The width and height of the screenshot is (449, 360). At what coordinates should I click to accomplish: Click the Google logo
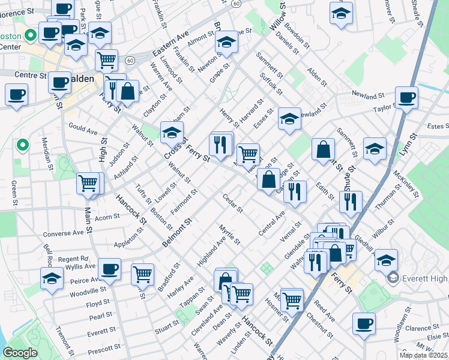[x=20, y=353]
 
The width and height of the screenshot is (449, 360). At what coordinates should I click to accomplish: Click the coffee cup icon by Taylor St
[x=406, y=97]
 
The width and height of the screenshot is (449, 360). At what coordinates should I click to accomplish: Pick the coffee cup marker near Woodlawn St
[x=364, y=324]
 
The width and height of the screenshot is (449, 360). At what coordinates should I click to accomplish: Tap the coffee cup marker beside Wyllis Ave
[x=109, y=269]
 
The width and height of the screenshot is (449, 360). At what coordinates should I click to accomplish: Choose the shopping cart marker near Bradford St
[x=143, y=274]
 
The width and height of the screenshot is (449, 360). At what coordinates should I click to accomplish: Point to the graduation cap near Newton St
[x=226, y=42]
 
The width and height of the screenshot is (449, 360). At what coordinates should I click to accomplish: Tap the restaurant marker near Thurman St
[x=351, y=201]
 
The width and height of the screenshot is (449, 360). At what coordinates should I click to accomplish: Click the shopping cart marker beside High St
[x=88, y=182]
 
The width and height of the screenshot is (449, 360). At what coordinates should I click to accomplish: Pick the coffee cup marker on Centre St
[x=59, y=83]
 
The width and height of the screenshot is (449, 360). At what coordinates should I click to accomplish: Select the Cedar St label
[x=232, y=204]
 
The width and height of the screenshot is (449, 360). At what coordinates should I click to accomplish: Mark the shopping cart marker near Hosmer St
[x=292, y=299]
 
